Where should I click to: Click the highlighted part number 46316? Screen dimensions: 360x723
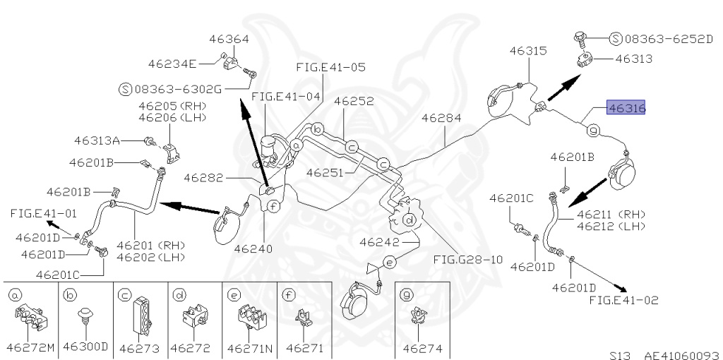626,109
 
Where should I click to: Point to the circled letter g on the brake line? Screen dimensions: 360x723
593,130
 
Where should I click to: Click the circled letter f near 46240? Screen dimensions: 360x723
273,206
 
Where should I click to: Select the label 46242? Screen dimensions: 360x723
380,242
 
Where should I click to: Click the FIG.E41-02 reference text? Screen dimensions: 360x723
623,300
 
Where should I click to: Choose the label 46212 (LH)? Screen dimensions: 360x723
611,226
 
